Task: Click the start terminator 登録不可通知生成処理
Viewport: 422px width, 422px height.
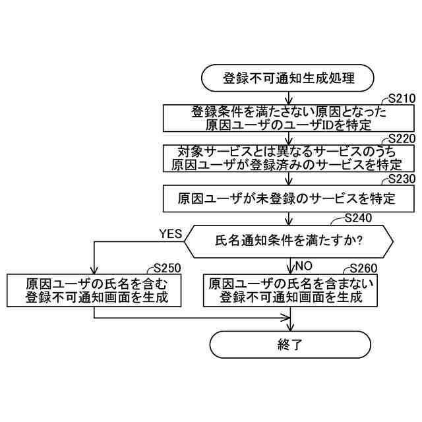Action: point(289,79)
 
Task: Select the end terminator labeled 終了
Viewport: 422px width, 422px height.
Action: point(289,344)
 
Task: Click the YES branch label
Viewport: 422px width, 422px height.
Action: point(170,233)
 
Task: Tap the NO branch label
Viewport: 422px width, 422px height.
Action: point(303,267)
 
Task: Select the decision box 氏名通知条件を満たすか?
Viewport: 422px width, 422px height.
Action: point(289,241)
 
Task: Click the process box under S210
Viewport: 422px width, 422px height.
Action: point(289,119)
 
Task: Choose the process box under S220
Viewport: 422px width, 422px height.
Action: point(289,158)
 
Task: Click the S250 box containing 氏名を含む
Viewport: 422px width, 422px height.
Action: point(96,291)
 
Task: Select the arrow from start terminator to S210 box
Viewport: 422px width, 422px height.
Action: point(289,98)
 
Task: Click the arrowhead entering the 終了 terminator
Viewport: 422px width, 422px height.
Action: point(289,326)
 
